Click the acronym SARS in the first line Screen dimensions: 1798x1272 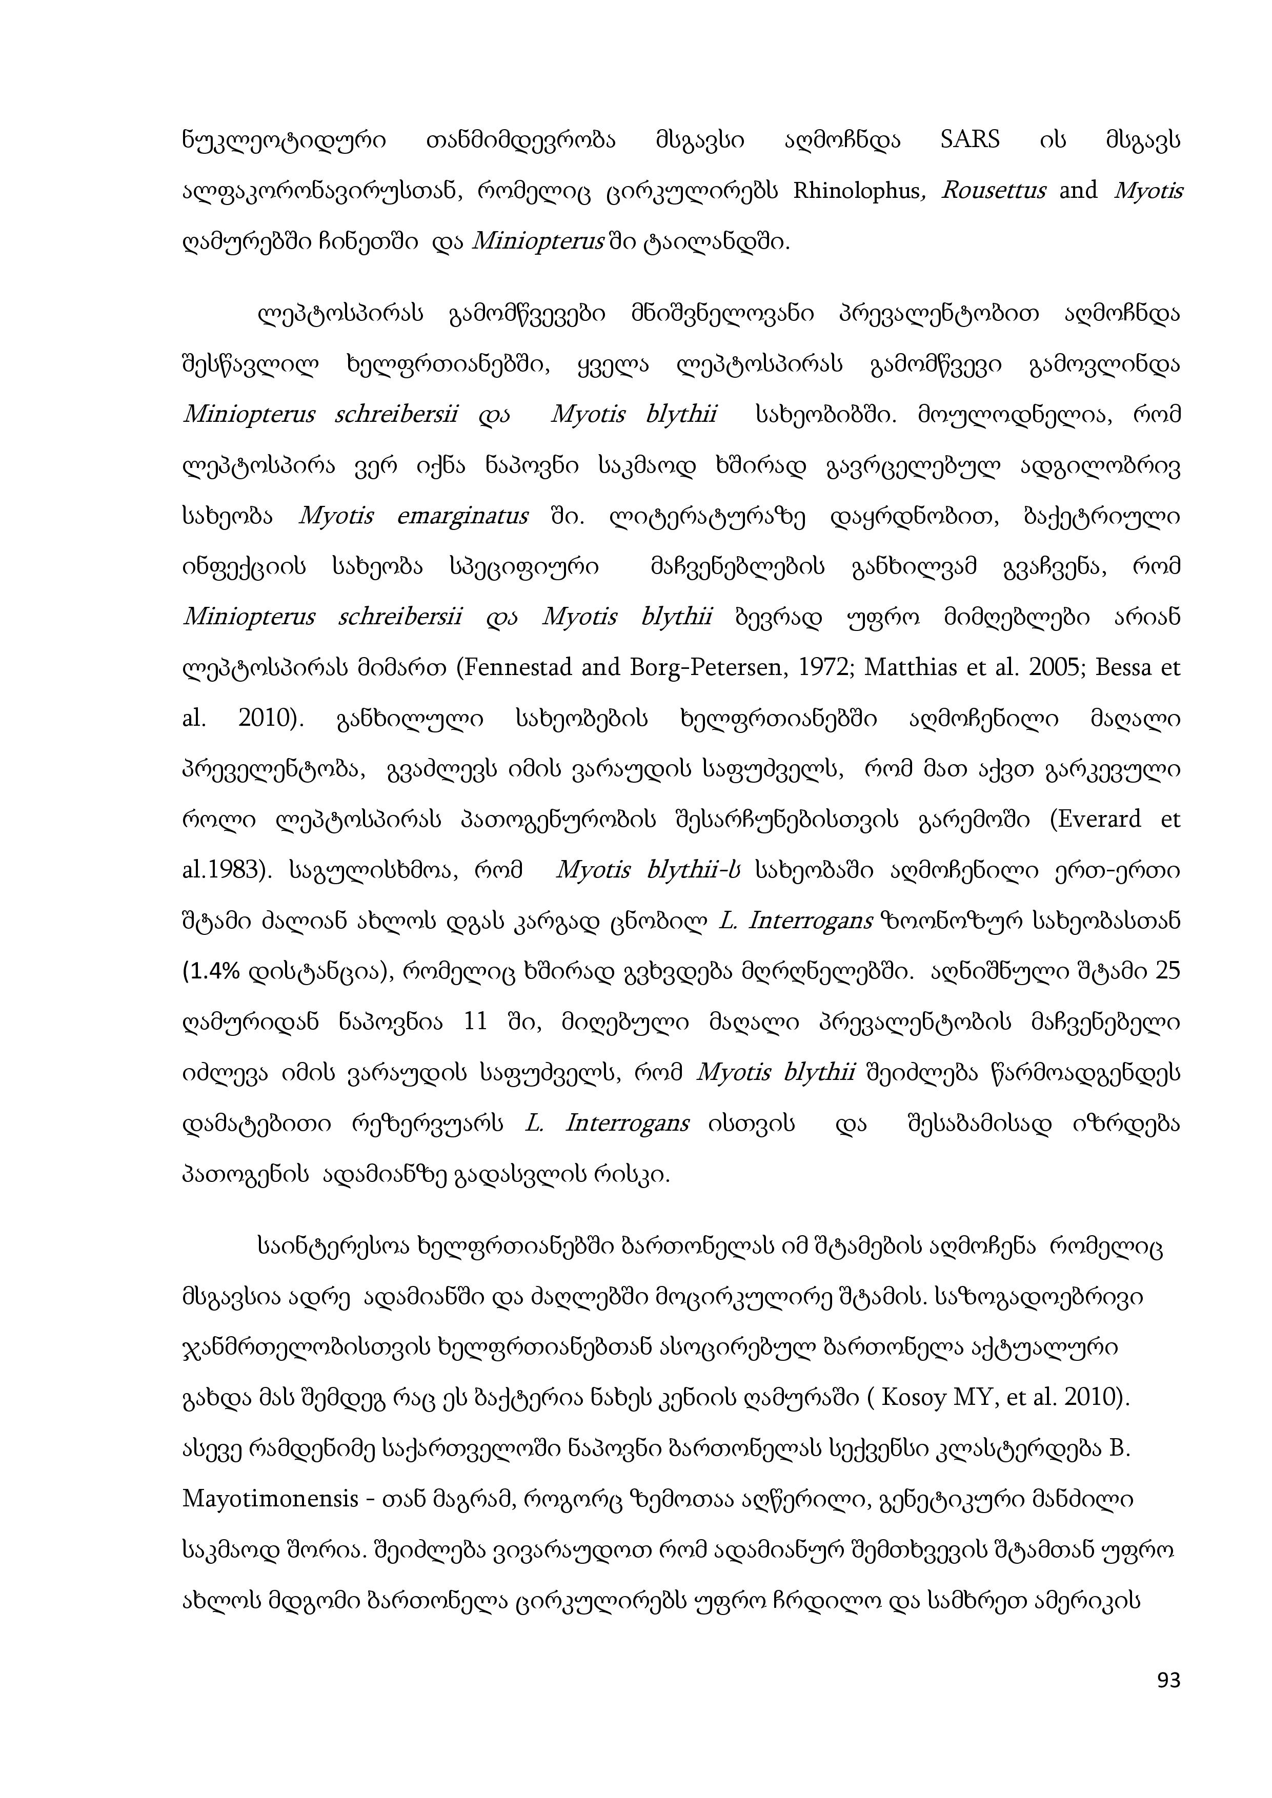pos(969,140)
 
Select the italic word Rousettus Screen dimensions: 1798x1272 pos(993,191)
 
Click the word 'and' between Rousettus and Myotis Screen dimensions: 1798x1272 pos(1079,191)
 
